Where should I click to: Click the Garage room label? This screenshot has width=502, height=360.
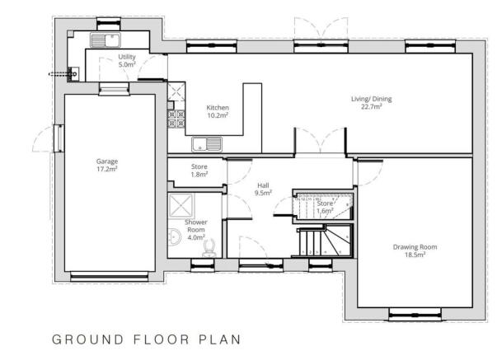pyautogui.click(x=106, y=161)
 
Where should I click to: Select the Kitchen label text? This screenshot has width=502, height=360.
pyautogui.click(x=218, y=108)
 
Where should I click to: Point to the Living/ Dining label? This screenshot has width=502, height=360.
pyautogui.click(x=375, y=99)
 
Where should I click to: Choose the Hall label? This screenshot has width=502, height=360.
pyautogui.click(x=263, y=185)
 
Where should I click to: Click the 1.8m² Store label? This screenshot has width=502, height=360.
pyautogui.click(x=199, y=171)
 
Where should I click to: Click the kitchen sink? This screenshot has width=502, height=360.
pyautogui.click(x=206, y=145)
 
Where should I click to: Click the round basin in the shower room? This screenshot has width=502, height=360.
pyautogui.click(x=174, y=238)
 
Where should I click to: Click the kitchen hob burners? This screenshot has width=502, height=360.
pyautogui.click(x=176, y=119)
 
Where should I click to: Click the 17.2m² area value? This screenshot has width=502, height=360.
pyautogui.click(x=106, y=169)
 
